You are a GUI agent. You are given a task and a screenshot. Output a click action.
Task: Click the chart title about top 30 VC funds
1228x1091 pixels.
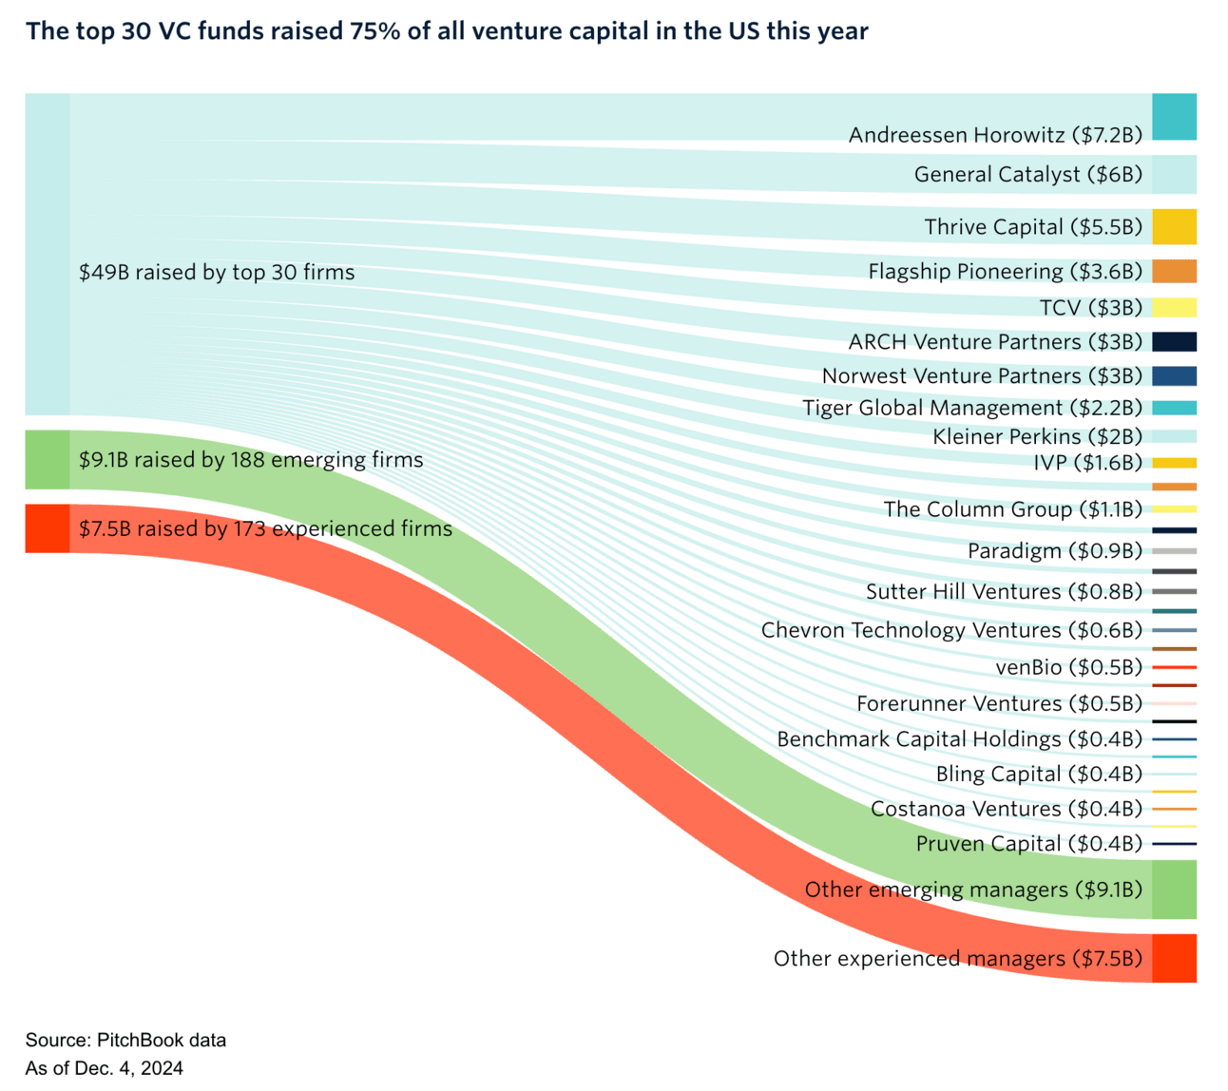(x=447, y=31)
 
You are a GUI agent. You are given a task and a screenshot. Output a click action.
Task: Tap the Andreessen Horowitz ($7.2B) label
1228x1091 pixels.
(x=995, y=135)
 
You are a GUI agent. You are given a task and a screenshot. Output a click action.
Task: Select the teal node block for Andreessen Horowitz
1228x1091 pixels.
(x=1174, y=117)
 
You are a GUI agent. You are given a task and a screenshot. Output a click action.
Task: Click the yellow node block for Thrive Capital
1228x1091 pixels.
(x=1174, y=227)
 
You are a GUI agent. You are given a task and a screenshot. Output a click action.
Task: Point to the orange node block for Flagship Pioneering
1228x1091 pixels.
(x=1174, y=271)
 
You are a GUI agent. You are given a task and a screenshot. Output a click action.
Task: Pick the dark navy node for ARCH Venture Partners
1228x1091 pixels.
(x=1174, y=342)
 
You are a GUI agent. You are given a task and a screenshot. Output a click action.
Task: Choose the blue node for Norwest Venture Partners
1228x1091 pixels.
(x=1174, y=375)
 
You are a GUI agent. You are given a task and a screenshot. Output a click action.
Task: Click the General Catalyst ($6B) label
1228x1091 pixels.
(x=1027, y=175)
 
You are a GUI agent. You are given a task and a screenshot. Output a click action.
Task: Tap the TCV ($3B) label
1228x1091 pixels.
(x=1091, y=308)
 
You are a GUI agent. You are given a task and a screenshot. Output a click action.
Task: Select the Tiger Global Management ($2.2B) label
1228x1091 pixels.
(x=972, y=408)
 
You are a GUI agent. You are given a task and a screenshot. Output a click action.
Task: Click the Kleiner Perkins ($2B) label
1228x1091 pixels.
(x=1037, y=437)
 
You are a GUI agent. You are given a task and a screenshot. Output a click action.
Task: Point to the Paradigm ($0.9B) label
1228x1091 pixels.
(x=1054, y=551)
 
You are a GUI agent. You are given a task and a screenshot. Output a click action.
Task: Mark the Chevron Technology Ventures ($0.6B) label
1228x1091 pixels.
(x=951, y=630)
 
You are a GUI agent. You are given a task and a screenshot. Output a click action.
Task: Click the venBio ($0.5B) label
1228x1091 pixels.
(x=1068, y=667)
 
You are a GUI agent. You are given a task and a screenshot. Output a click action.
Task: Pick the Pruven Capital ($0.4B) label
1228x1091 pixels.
(x=1028, y=844)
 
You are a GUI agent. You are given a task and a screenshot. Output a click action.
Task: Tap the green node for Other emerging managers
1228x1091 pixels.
(x=1174, y=890)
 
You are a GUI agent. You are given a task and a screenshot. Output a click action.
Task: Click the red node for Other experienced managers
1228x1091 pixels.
(x=1174, y=958)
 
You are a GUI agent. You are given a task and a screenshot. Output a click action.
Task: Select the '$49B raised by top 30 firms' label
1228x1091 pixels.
(x=217, y=273)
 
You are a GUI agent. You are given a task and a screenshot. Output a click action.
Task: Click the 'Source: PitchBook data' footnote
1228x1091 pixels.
(x=125, y=1040)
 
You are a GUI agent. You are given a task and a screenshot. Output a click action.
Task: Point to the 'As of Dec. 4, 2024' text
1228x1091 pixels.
(x=105, y=1068)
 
